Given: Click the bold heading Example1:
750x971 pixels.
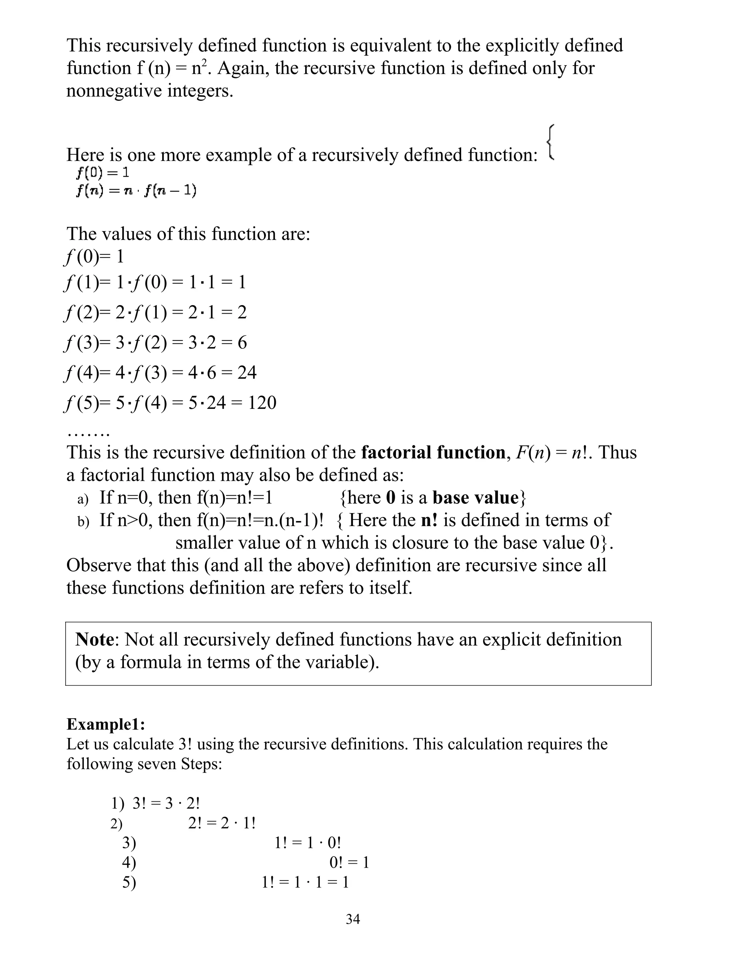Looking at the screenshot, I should click(x=106, y=724).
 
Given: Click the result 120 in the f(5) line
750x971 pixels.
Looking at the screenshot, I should click(x=262, y=403).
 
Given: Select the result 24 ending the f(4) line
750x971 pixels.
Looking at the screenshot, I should click(x=247, y=373).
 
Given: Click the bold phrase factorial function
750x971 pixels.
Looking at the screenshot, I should click(x=433, y=453).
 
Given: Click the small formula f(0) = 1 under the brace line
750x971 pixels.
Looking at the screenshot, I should click(x=103, y=172).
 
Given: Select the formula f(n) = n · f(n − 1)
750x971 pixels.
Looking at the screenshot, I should click(x=136, y=191).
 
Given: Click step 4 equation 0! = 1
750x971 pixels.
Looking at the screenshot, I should click(x=349, y=863).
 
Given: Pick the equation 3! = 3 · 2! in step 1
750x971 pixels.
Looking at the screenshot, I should click(x=166, y=804).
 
